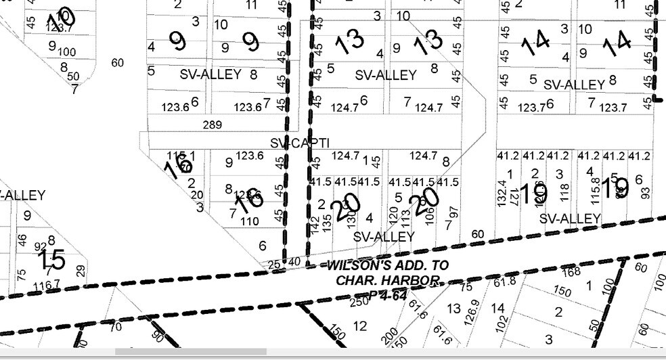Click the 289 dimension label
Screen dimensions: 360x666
click(211, 125)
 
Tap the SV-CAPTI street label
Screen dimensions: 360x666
click(300, 143)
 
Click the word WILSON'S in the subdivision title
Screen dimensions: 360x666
click(359, 265)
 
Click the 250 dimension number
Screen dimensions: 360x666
click(359, 301)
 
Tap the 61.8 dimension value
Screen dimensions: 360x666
click(505, 281)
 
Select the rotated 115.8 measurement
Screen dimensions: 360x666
click(596, 189)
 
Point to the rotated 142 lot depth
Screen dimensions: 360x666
click(315, 225)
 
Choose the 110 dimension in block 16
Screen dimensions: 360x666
click(250, 221)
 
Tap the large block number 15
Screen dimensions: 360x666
click(51, 261)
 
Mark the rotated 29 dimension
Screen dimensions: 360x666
click(81, 271)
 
